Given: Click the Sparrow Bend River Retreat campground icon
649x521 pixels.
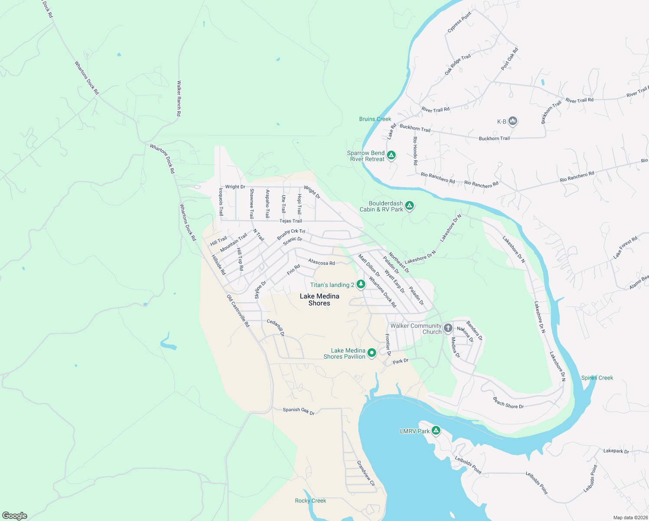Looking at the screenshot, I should point(391,155).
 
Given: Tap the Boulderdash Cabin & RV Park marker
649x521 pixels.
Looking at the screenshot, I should point(409,205).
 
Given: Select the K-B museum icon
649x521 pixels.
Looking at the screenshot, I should point(513,121).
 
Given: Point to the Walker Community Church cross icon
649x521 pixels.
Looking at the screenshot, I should point(448,328).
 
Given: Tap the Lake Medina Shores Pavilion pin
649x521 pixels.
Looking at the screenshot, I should point(372,353).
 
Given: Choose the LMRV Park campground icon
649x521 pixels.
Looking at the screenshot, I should point(436,431).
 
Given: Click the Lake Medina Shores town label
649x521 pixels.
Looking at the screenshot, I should point(319,300).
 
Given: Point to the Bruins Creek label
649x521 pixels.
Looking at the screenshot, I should point(375,119).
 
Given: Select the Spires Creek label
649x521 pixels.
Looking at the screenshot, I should point(597,378).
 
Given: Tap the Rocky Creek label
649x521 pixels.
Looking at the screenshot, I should point(310,501).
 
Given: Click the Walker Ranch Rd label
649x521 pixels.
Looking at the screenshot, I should point(179,98).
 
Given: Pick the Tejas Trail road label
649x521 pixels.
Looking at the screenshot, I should point(291,221).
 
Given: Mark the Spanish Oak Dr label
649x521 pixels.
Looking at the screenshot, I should point(298,410).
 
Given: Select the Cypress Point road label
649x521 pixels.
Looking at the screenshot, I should point(459,23).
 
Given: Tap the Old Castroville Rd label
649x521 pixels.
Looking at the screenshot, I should point(238,311).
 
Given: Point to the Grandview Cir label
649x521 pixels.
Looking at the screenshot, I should point(365,473).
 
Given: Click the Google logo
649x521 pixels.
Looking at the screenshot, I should point(15,516).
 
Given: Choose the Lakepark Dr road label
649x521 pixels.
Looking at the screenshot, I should point(616,451).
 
